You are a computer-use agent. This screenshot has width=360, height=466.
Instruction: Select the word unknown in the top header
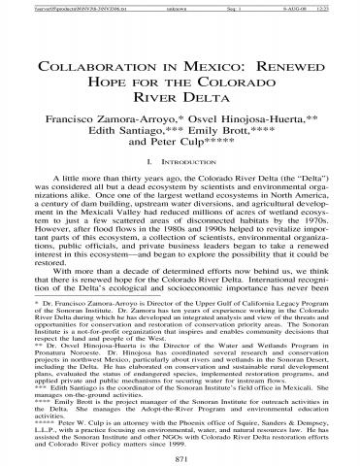click(x=177, y=7)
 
